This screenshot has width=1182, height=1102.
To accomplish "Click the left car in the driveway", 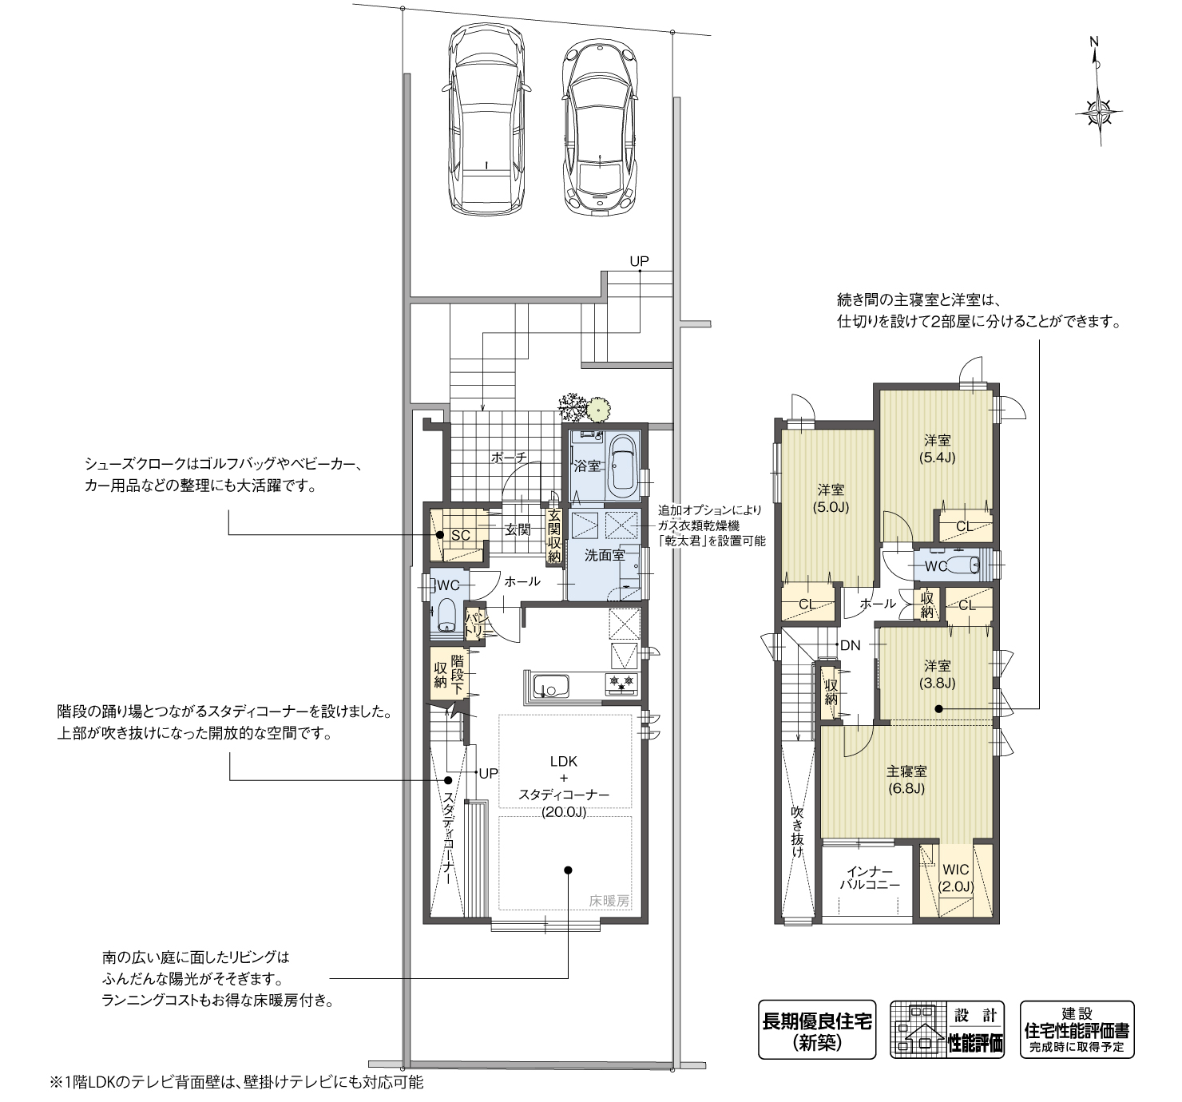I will (x=486, y=120).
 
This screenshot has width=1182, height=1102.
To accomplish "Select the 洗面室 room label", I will (x=604, y=555).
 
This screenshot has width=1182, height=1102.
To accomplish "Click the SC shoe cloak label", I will (x=460, y=535).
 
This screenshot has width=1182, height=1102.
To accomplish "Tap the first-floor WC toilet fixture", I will (x=446, y=616).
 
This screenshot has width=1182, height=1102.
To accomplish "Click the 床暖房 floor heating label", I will (x=609, y=900).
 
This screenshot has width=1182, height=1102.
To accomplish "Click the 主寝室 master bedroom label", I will (x=906, y=771).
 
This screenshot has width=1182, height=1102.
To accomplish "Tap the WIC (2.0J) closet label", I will (x=955, y=878).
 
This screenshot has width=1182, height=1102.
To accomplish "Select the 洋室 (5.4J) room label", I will (x=938, y=448).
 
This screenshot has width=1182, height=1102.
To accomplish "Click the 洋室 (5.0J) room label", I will (x=831, y=498).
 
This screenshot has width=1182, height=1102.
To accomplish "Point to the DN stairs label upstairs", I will (x=851, y=645).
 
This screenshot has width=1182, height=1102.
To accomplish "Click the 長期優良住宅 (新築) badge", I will (x=816, y=1030).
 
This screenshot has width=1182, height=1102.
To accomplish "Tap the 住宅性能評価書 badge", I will (x=1077, y=1030).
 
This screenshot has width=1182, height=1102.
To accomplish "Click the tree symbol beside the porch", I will (x=573, y=406).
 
